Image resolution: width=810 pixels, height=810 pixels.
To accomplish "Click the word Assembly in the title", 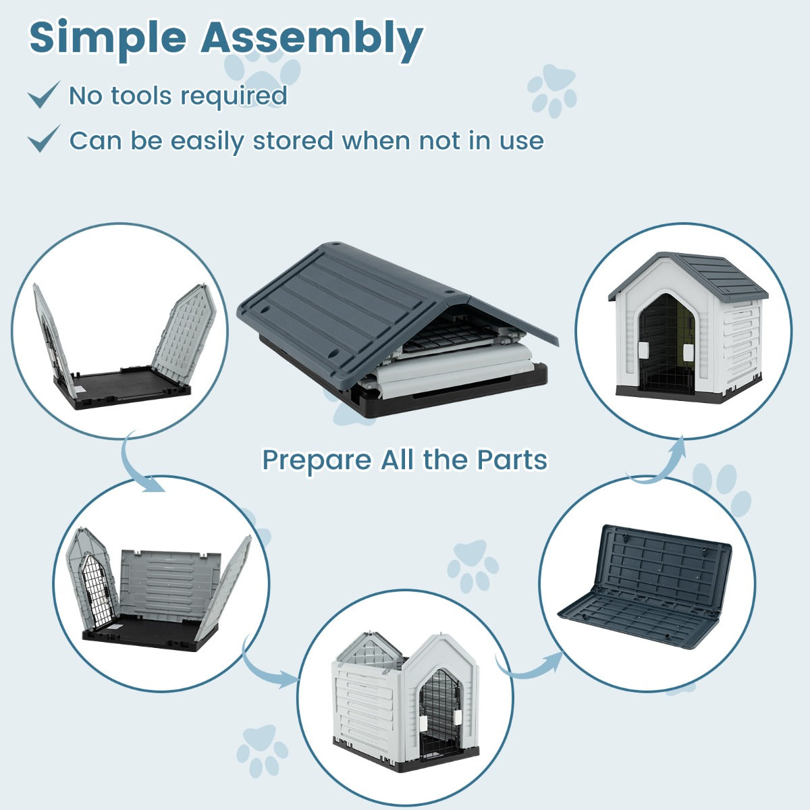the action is click(312, 39).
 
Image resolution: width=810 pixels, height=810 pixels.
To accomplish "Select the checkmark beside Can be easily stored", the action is click(44, 139).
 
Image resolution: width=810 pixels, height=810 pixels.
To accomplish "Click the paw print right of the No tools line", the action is click(553, 90).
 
